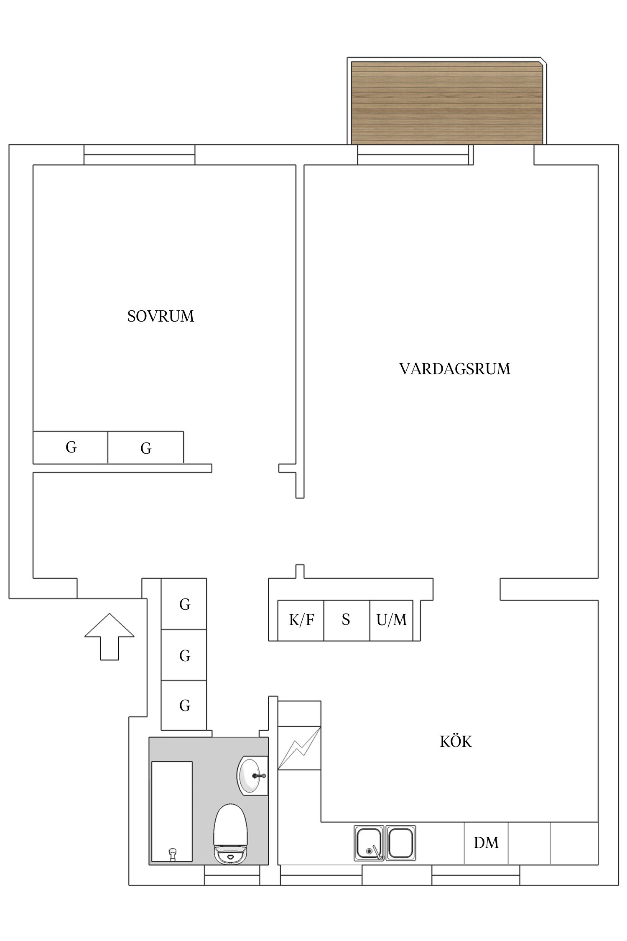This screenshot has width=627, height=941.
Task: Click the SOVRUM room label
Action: coord(161,316)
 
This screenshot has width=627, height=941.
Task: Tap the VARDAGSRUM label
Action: coord(455,369)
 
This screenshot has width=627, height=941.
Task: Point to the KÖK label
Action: coord(456,742)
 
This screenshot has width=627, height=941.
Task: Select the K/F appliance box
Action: coord(301,620)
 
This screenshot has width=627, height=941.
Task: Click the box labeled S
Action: coord(346,620)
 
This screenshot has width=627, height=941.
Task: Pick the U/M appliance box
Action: coord(391,620)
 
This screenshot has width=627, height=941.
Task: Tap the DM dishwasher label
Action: coord(486,843)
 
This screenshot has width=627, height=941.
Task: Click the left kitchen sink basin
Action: coord(369,843)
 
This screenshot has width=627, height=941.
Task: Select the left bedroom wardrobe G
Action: coord(71,447)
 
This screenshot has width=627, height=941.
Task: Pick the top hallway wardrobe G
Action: coord(184,604)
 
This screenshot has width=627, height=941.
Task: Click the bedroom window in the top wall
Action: coord(139,155)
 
